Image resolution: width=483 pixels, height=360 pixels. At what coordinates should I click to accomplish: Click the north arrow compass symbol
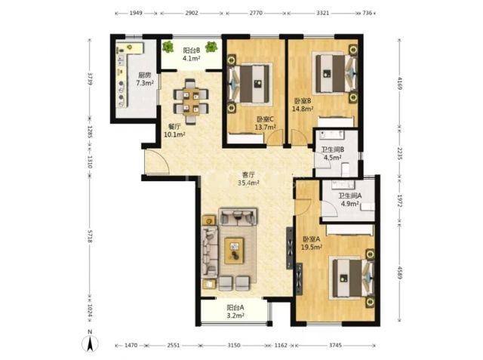[x=91, y=342]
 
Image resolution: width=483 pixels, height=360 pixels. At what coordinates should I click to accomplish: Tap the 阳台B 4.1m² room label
[x=191, y=54]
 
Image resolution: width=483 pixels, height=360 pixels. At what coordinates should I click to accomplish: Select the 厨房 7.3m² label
[x=145, y=78]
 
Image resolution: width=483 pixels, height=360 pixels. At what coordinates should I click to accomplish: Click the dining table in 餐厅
[x=191, y=102]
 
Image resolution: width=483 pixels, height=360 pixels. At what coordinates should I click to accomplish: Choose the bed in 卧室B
[x=335, y=74]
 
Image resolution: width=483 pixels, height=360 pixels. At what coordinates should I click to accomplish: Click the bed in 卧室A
[x=352, y=278]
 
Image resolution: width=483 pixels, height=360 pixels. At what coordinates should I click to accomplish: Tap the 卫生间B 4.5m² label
[x=332, y=154]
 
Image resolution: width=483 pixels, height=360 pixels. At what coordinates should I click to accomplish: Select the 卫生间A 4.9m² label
[x=350, y=199]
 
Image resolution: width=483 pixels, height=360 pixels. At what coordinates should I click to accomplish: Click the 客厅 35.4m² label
[x=248, y=179]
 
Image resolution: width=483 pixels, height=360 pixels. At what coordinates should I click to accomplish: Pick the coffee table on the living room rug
[x=234, y=251]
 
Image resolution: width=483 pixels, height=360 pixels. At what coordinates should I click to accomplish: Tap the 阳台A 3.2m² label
[x=235, y=311]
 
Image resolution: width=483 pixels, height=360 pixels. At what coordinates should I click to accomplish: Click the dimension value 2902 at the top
[x=192, y=13]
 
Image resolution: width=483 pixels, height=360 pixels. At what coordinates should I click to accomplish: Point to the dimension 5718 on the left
[x=90, y=236]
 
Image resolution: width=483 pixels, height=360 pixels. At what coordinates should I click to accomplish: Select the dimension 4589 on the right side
[x=400, y=273]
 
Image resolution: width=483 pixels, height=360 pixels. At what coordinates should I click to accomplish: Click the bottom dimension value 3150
[x=234, y=346]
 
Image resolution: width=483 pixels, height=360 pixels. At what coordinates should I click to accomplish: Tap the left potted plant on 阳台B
[x=168, y=47]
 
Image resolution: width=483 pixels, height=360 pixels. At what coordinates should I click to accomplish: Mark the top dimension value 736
[x=368, y=13]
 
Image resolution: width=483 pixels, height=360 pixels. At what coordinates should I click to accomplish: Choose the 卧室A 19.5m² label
[x=312, y=243]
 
